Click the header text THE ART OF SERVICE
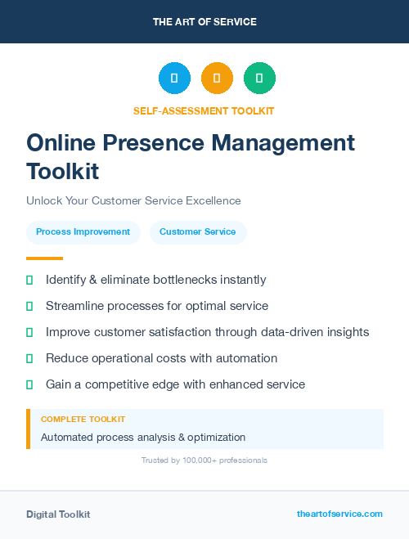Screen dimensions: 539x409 (204, 22)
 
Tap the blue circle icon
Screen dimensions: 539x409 (174, 79)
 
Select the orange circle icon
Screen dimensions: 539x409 (217, 79)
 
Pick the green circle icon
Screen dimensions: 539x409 (259, 79)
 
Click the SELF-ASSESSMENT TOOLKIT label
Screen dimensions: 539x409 (204, 110)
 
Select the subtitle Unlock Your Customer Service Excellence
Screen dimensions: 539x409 (133, 200)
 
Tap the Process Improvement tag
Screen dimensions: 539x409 (83, 232)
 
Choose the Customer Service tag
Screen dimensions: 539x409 (197, 232)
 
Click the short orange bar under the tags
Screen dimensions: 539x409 (38, 258)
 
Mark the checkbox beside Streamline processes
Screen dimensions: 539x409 (29, 307)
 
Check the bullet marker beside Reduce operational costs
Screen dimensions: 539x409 (29, 359)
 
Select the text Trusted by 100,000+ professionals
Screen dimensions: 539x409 (204, 460)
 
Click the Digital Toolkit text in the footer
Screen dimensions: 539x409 (58, 514)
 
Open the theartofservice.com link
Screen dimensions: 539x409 (339, 514)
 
